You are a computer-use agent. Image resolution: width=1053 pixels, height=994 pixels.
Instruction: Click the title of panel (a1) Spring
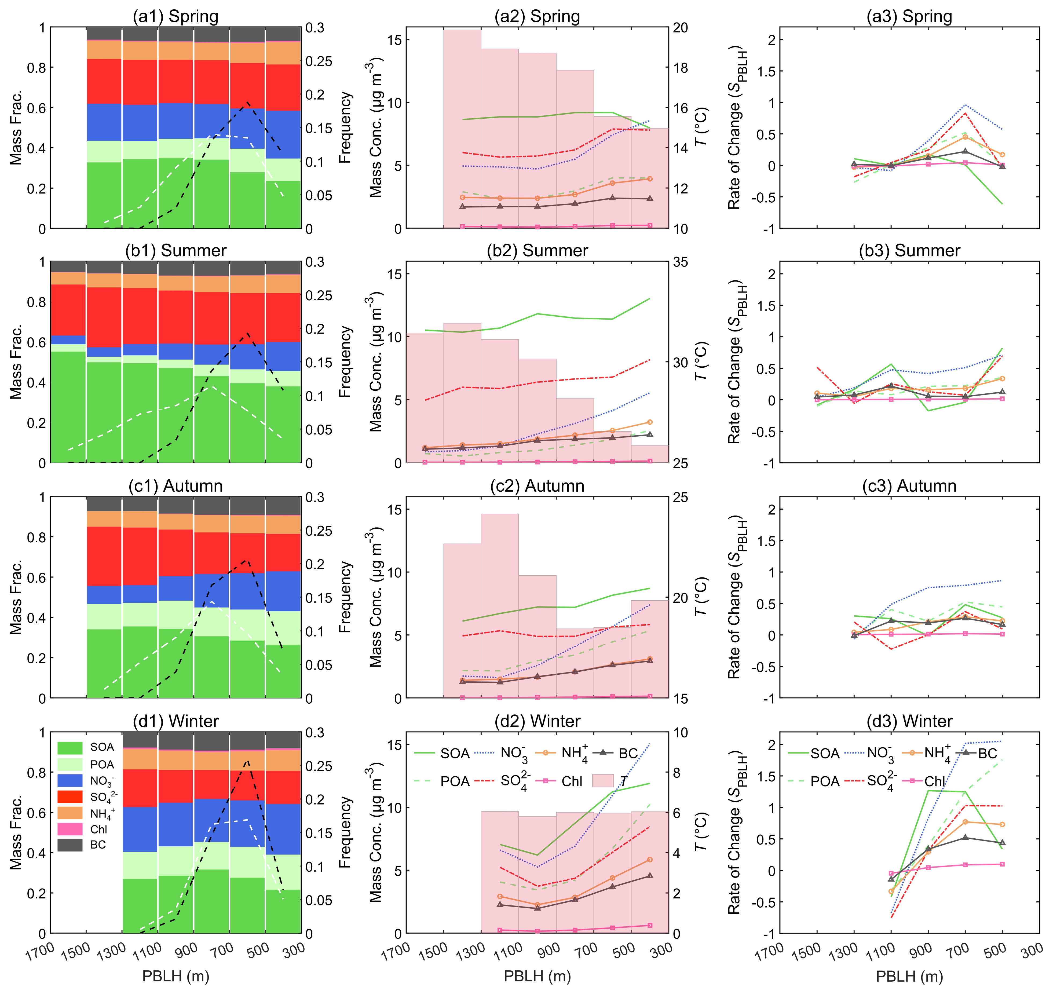coord(175,16)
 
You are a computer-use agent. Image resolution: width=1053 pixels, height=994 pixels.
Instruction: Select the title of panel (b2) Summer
coord(537,251)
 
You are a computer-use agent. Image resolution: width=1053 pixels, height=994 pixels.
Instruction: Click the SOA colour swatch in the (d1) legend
coord(70,748)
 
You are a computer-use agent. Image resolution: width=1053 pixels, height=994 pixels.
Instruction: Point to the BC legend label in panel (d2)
coord(628,754)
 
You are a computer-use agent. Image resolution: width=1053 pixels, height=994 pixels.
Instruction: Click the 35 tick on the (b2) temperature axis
coord(681,262)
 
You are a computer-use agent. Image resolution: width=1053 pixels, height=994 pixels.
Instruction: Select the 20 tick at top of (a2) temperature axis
coord(681,28)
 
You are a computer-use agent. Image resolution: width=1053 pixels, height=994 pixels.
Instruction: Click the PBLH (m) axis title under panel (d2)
coord(537,977)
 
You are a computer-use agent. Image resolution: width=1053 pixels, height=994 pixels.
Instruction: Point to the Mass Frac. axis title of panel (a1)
coord(16,128)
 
